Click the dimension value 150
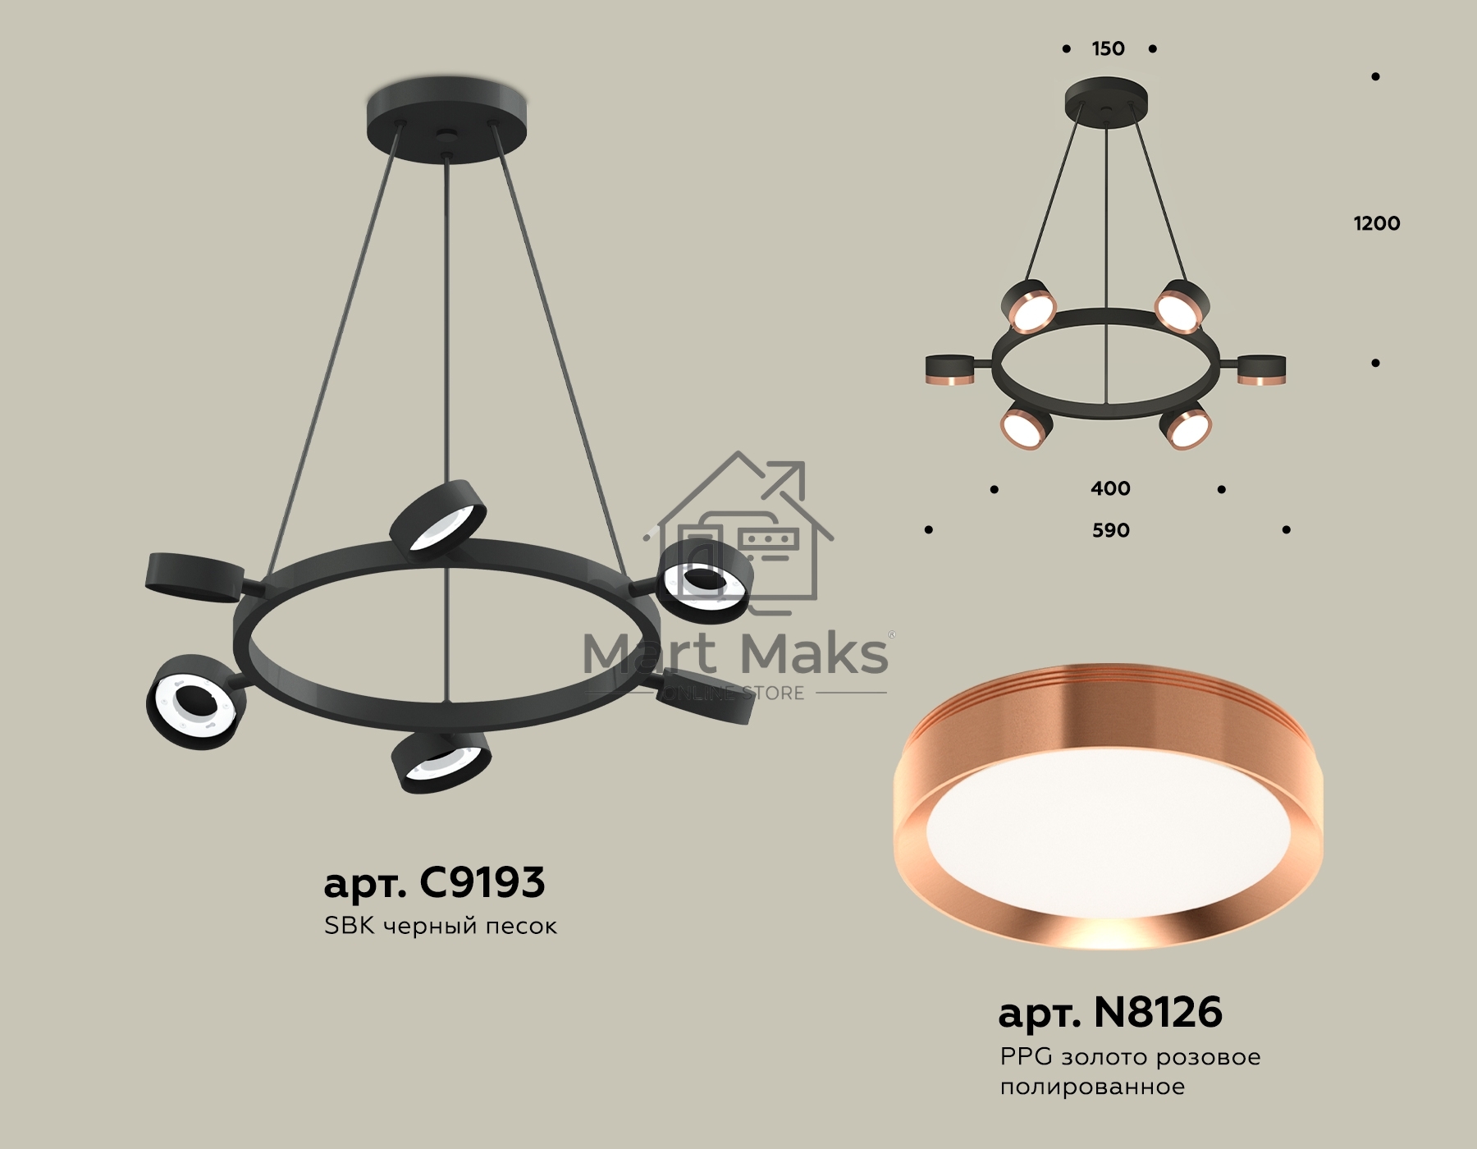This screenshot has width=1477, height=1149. (x=1108, y=48)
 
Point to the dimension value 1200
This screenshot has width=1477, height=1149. (x=1376, y=223)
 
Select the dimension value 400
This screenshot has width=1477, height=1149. (x=1110, y=488)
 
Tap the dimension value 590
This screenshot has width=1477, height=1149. (x=1110, y=530)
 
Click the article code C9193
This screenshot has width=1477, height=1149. (x=482, y=882)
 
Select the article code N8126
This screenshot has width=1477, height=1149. (x=1158, y=1012)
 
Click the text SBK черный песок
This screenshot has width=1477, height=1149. (x=441, y=926)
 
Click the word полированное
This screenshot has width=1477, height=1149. (x=1092, y=1087)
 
